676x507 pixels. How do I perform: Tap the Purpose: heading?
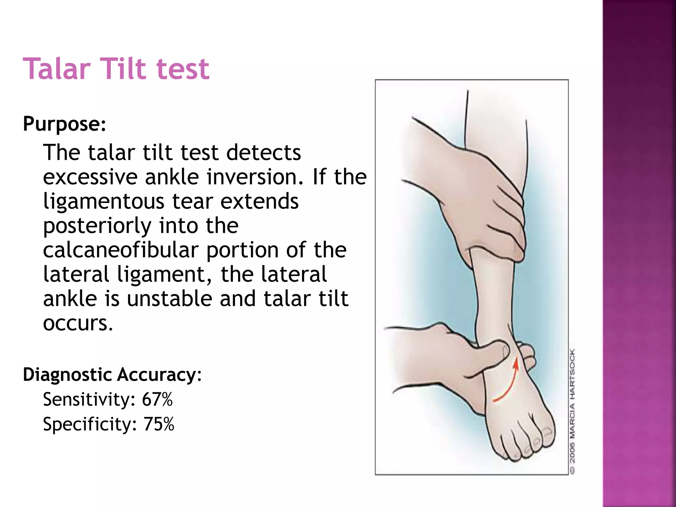(64, 124)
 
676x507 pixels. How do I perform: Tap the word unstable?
(170, 299)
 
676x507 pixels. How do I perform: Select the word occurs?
(78, 323)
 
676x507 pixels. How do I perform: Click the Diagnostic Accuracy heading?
(112, 375)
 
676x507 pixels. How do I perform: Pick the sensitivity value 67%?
(157, 399)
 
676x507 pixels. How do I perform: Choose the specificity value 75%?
(158, 424)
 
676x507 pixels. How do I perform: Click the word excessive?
(90, 177)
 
